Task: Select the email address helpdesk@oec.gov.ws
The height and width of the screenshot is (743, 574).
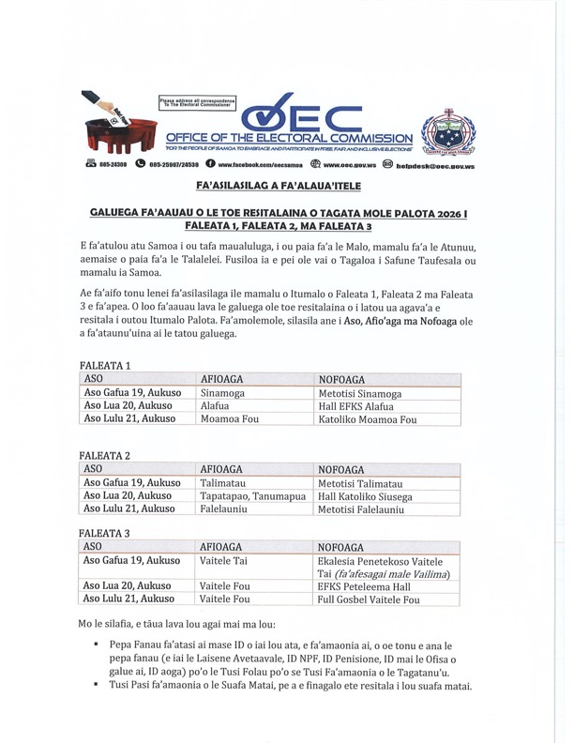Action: click(x=434, y=165)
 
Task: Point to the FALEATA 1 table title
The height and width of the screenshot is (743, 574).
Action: click(x=105, y=365)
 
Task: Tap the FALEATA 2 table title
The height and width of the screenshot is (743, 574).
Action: click(x=105, y=455)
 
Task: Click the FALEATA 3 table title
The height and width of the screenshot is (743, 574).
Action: click(x=105, y=533)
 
